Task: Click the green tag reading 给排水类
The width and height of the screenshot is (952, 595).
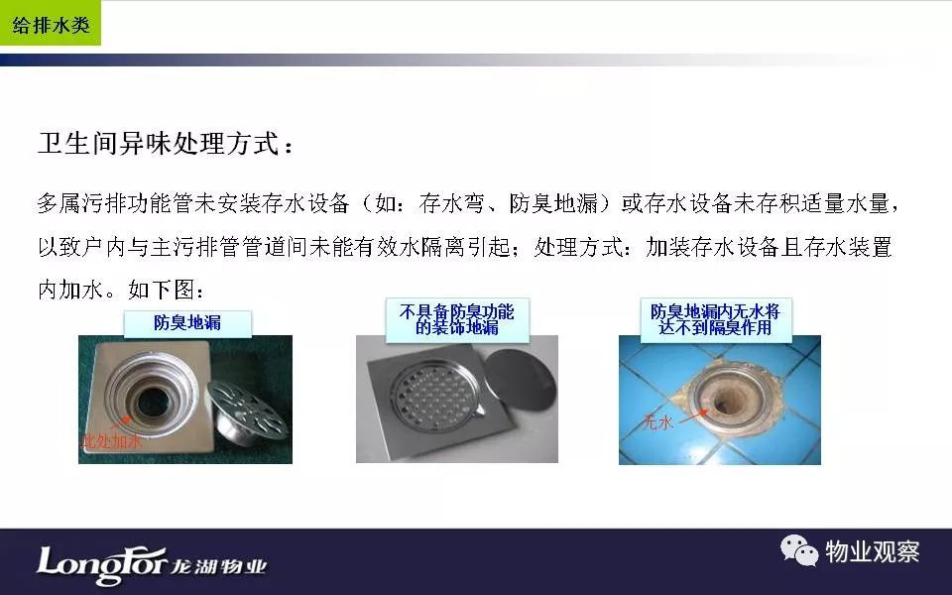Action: [x=51, y=23]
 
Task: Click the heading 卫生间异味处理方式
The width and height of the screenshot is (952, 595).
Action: [x=159, y=144]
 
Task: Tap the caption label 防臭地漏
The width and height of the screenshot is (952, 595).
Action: [x=187, y=323]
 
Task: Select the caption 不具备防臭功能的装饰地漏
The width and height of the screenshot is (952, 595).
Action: [x=456, y=320]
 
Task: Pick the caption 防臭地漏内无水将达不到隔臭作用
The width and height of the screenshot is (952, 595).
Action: [x=715, y=320]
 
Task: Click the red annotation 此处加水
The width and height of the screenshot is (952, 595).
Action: [x=111, y=440]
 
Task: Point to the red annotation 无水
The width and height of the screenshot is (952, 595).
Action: [x=657, y=421]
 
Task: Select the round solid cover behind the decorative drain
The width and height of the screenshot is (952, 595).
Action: [x=522, y=380]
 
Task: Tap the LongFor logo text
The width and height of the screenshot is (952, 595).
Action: [x=101, y=563]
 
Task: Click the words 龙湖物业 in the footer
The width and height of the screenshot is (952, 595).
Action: [x=218, y=566]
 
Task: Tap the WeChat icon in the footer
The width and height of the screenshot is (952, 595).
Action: [x=799, y=550]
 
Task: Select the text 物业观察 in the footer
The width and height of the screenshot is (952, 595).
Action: [x=872, y=552]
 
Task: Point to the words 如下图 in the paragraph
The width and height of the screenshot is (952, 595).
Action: [x=162, y=290]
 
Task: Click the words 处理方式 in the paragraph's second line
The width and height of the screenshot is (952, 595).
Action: [x=578, y=247]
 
